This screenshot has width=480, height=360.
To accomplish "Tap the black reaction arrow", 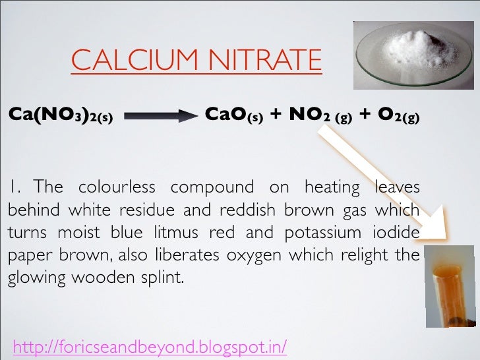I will (160, 117).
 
